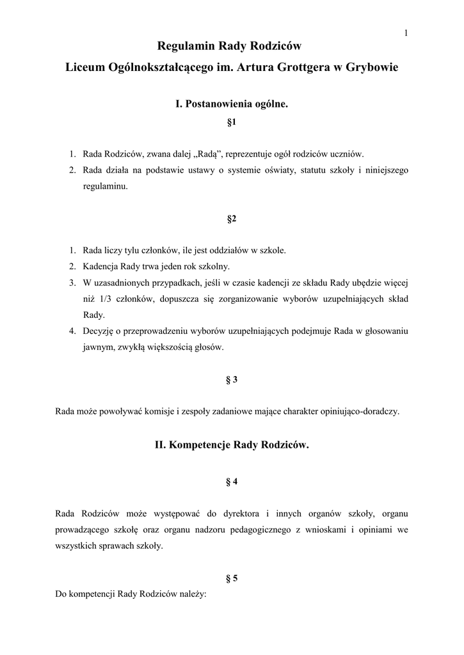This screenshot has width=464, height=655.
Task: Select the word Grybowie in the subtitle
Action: (x=372, y=67)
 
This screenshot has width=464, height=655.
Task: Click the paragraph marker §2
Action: (x=232, y=219)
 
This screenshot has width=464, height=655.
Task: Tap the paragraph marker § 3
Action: (x=232, y=379)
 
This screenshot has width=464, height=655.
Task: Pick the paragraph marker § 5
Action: (x=232, y=579)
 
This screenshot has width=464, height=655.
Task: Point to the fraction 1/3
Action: (x=104, y=299)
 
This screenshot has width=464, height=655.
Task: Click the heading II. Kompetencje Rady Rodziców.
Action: (x=232, y=444)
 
